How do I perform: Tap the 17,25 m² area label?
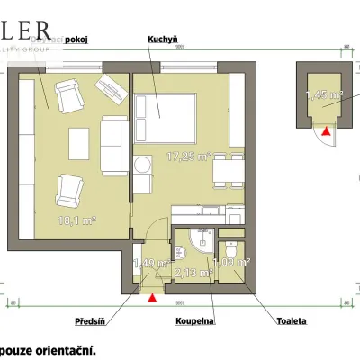pyautogui.click(x=189, y=157)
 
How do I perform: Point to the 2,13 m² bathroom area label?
pyautogui.click(x=195, y=272)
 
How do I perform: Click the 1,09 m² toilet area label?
pyautogui.click(x=236, y=263)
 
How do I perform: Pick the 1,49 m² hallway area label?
pyautogui.click(x=150, y=264)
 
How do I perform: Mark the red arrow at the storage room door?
pyautogui.click(x=326, y=131)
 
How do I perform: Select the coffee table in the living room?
pyautogui.click(x=81, y=144)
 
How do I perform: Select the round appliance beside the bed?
pyautogui.click(x=143, y=166)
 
